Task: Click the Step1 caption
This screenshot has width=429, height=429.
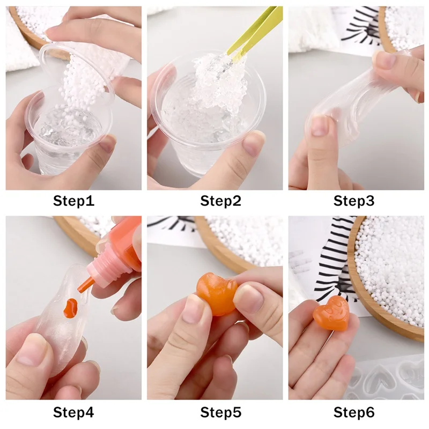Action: pos(73,201)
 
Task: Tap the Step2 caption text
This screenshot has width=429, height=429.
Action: pos(220,201)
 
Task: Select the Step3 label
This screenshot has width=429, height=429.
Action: pos(354,201)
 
